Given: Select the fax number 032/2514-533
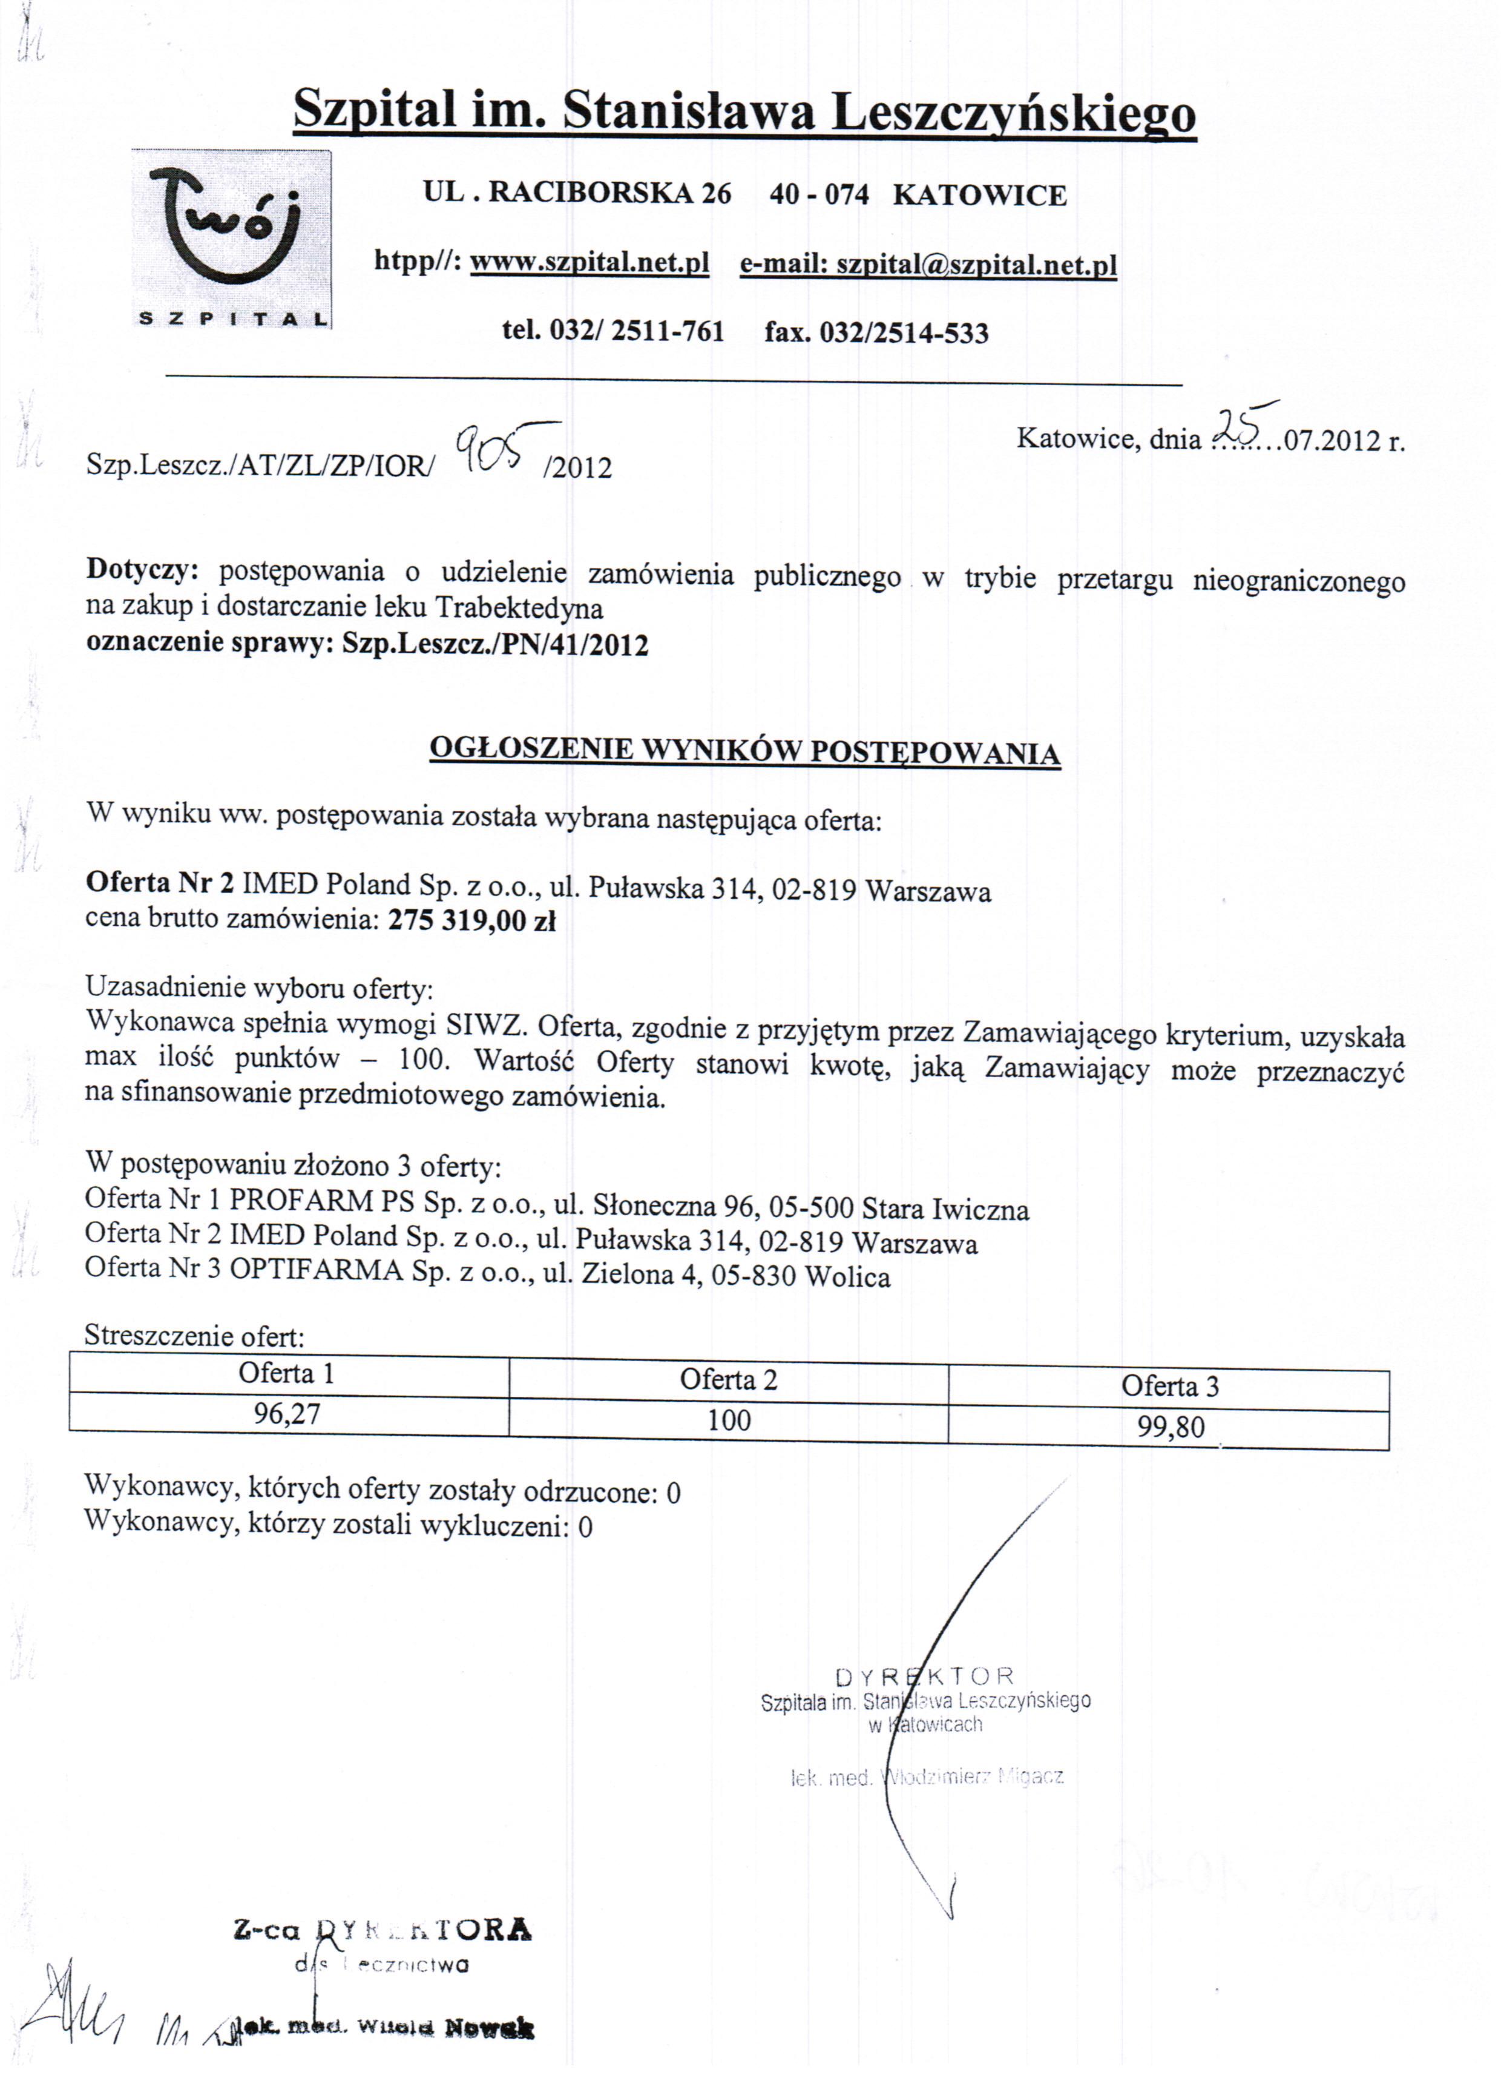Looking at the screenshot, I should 903,332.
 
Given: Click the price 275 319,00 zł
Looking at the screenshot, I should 471,920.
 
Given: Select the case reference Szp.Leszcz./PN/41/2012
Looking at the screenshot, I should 496,645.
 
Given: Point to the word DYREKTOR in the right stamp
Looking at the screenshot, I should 925,1677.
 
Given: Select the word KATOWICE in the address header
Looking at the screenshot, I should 979,196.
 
